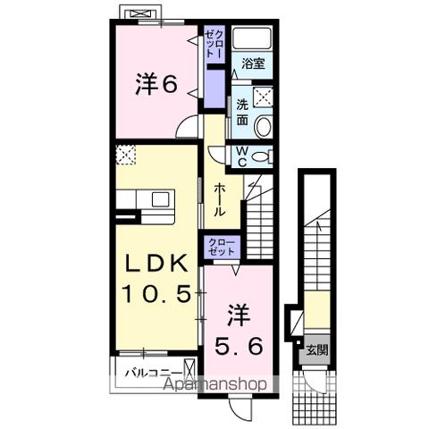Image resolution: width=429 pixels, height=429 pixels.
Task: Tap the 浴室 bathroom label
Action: (x=252, y=64)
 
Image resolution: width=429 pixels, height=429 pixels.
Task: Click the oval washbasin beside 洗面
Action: (x=263, y=128)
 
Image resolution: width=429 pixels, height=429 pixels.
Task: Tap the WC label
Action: (x=241, y=156)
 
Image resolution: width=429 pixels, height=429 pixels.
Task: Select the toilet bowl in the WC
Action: (x=260, y=157)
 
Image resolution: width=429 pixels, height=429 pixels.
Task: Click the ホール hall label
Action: (x=220, y=201)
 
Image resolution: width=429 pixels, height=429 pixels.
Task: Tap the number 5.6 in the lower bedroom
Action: (x=238, y=345)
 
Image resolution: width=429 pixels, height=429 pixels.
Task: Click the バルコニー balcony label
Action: (x=154, y=371)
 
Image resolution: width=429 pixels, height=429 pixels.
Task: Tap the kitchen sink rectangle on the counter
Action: (x=160, y=198)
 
